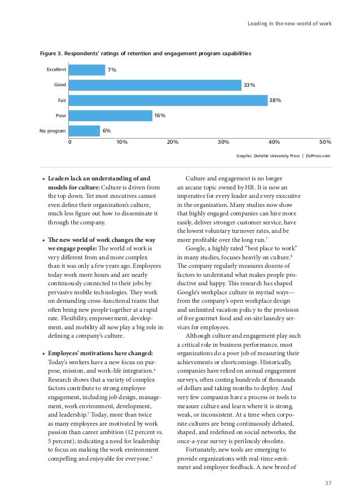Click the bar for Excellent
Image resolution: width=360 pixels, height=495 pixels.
(x=87, y=70)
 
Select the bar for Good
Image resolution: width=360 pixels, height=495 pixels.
(x=155, y=85)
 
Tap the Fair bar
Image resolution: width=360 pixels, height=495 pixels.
(x=168, y=100)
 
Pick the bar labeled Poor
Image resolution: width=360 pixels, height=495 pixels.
(x=111, y=116)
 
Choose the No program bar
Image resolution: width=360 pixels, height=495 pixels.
(x=85, y=131)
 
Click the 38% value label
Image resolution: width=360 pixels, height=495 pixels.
(x=275, y=100)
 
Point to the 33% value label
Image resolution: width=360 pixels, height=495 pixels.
(x=249, y=85)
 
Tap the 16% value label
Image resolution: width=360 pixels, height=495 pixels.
(x=159, y=116)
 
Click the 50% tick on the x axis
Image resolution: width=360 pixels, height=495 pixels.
(x=325, y=142)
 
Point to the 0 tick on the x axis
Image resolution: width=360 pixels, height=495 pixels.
(x=70, y=142)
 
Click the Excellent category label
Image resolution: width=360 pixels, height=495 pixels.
(x=56, y=70)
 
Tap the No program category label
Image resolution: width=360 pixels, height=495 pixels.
(x=52, y=131)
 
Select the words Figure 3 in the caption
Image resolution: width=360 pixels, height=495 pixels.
(x=50, y=54)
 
